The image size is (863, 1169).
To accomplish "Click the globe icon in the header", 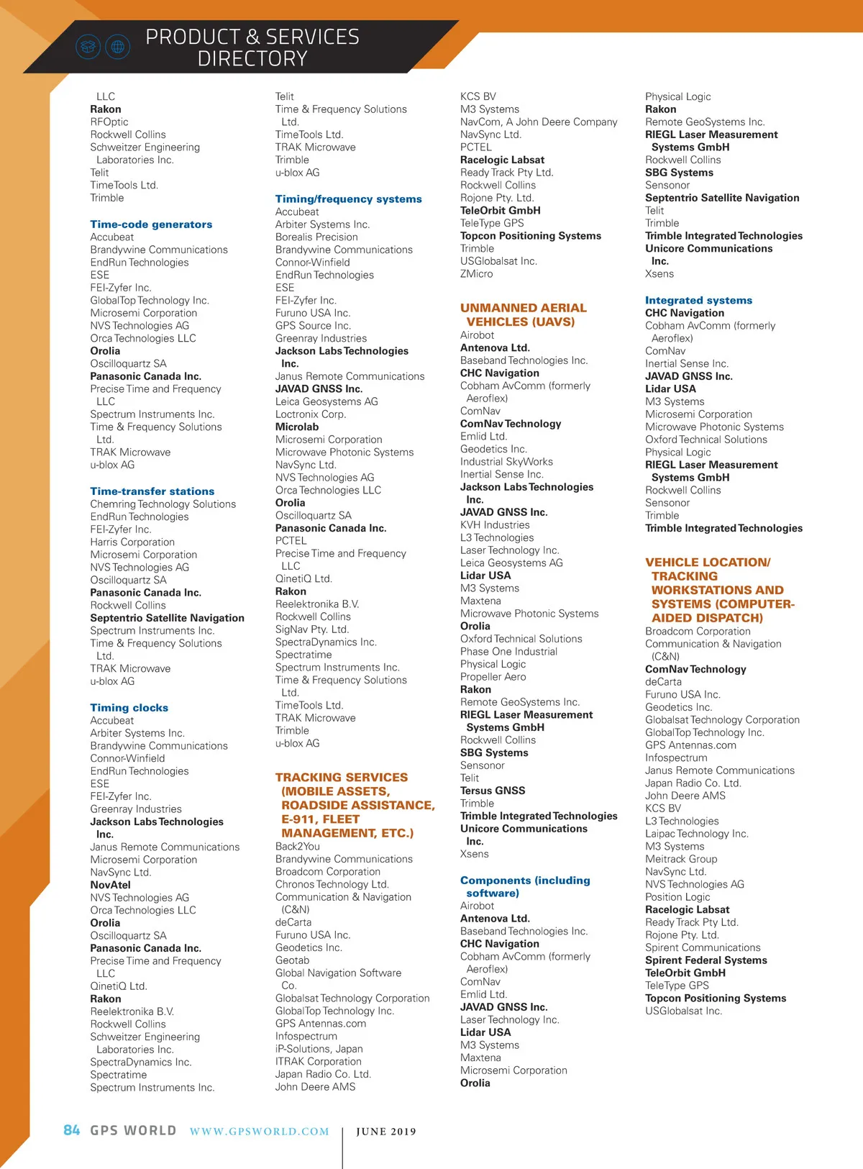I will pyautogui.click(x=118, y=47).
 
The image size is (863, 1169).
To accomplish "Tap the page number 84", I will pyautogui.click(x=72, y=1130).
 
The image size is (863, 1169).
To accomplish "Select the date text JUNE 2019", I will pyautogui.click(x=386, y=1132).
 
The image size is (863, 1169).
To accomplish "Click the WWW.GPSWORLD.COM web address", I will pyautogui.click(x=260, y=1132).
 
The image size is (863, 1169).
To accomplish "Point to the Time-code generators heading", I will pyautogui.click(x=151, y=224).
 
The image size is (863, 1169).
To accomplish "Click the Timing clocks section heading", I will pyautogui.click(x=129, y=708).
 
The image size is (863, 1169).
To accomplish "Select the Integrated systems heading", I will pyautogui.click(x=698, y=300).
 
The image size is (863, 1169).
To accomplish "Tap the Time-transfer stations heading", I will pyautogui.click(x=152, y=491).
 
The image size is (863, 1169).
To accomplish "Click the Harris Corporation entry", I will pyautogui.click(x=132, y=542).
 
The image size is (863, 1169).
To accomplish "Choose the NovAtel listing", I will pyautogui.click(x=110, y=885).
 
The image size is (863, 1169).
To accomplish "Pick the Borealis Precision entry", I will pyautogui.click(x=316, y=237).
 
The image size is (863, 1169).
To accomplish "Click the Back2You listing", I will pyautogui.click(x=298, y=846).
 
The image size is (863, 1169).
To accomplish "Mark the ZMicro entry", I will pyautogui.click(x=477, y=273).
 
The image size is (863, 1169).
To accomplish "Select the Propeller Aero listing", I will pyautogui.click(x=493, y=676).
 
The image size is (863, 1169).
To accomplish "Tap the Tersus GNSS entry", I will pyautogui.click(x=493, y=791).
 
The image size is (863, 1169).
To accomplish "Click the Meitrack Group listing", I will pyautogui.click(x=681, y=859).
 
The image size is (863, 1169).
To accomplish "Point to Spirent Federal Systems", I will pyautogui.click(x=706, y=960).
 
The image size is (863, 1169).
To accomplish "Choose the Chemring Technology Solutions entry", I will pyautogui.click(x=163, y=504).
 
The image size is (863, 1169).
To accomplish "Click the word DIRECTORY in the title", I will pyautogui.click(x=252, y=59).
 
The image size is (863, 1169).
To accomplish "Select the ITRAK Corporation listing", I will pyautogui.click(x=319, y=1061).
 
